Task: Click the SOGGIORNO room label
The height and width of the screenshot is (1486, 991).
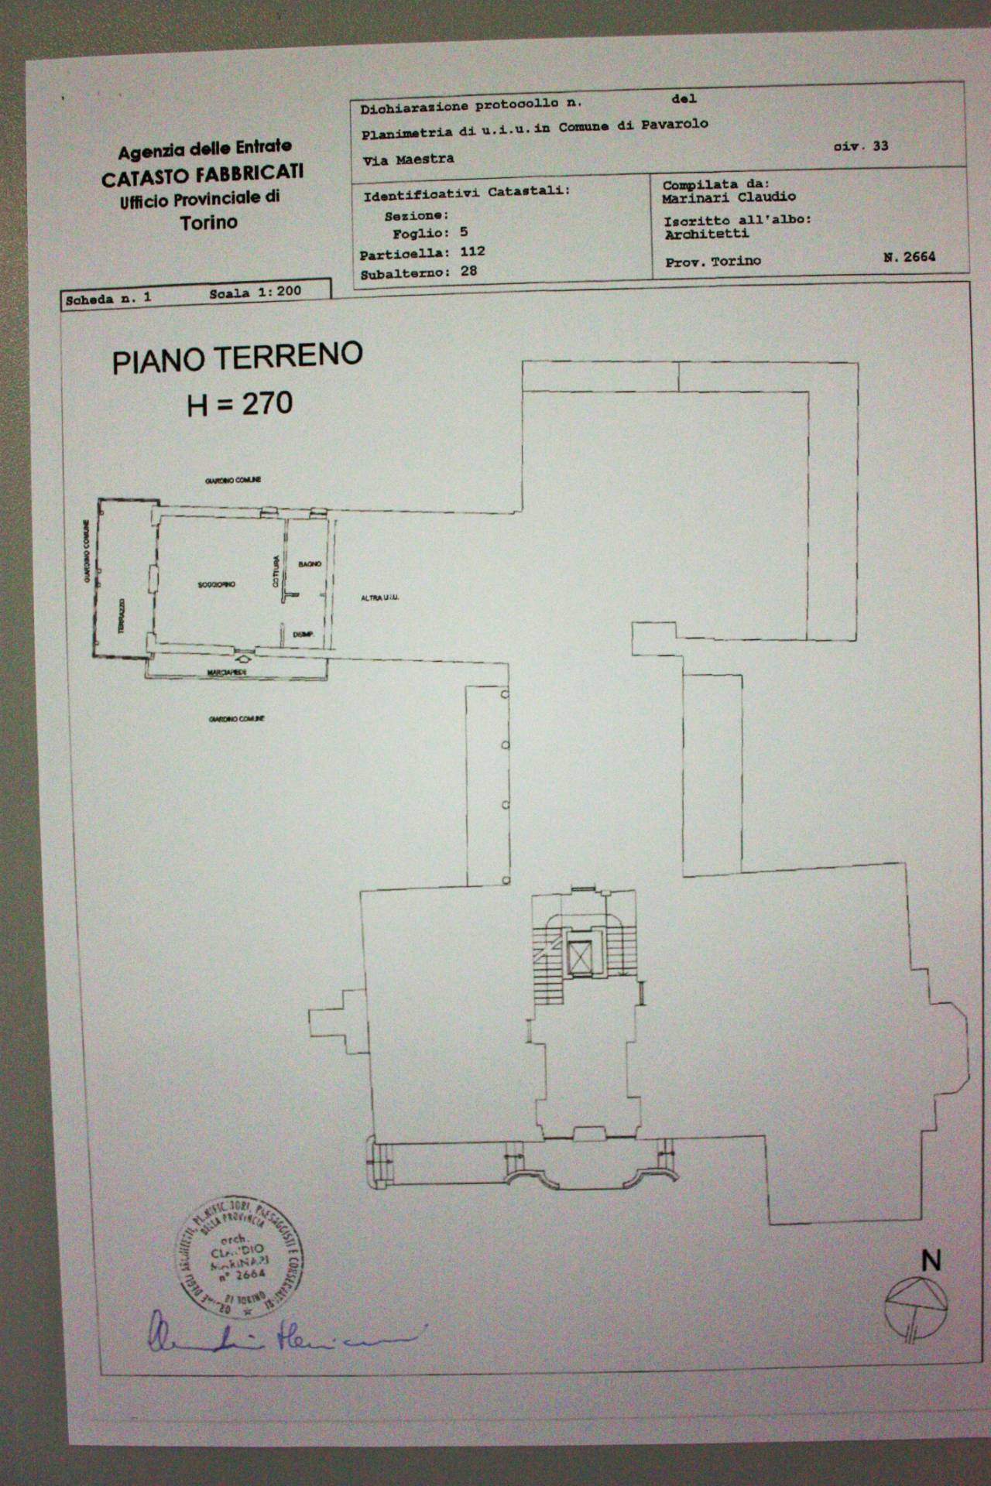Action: click(x=216, y=584)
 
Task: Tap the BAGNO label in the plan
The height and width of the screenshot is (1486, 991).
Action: click(x=309, y=564)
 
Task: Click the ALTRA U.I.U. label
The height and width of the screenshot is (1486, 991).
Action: click(x=379, y=597)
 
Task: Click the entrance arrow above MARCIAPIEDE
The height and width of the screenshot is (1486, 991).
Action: click(x=244, y=659)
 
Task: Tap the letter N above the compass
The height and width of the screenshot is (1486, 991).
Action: click(x=931, y=1261)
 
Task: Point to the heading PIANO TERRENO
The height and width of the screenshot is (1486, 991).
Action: click(x=237, y=358)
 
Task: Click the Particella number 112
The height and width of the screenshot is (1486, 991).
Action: click(x=471, y=252)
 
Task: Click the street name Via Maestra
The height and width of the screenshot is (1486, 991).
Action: click(x=408, y=159)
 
